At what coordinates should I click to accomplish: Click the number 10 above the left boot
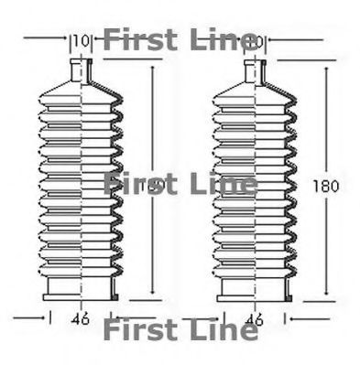coord(82,40)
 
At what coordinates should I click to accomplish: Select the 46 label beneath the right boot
coord(256,319)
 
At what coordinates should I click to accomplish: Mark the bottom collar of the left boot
coord(82,289)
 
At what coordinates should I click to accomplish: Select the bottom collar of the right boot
coord(256,289)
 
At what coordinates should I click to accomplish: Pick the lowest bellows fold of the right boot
coord(256,270)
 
